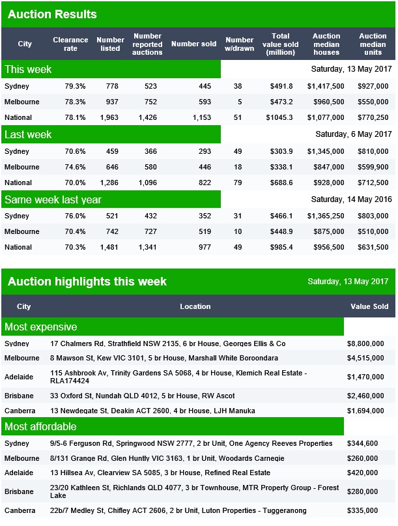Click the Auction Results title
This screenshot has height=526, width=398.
52,14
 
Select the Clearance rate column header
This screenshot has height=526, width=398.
70,44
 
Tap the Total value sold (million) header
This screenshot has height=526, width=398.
280,44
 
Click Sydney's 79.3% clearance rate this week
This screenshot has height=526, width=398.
75,86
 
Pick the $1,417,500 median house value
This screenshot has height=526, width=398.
326,86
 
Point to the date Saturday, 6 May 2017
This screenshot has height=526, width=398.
354,134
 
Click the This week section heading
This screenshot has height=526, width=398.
28,70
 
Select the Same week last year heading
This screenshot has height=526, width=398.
53,199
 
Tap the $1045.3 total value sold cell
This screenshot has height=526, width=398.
279,117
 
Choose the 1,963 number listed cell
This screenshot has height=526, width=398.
109,117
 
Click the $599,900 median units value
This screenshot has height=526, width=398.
373,167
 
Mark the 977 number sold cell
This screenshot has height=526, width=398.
205,247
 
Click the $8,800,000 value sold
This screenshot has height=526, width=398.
365,343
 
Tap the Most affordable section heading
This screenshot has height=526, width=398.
40,426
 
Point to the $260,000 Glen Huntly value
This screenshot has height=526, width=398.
362,458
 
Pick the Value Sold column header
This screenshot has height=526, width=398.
369,306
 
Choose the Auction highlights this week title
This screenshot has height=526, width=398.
87,282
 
